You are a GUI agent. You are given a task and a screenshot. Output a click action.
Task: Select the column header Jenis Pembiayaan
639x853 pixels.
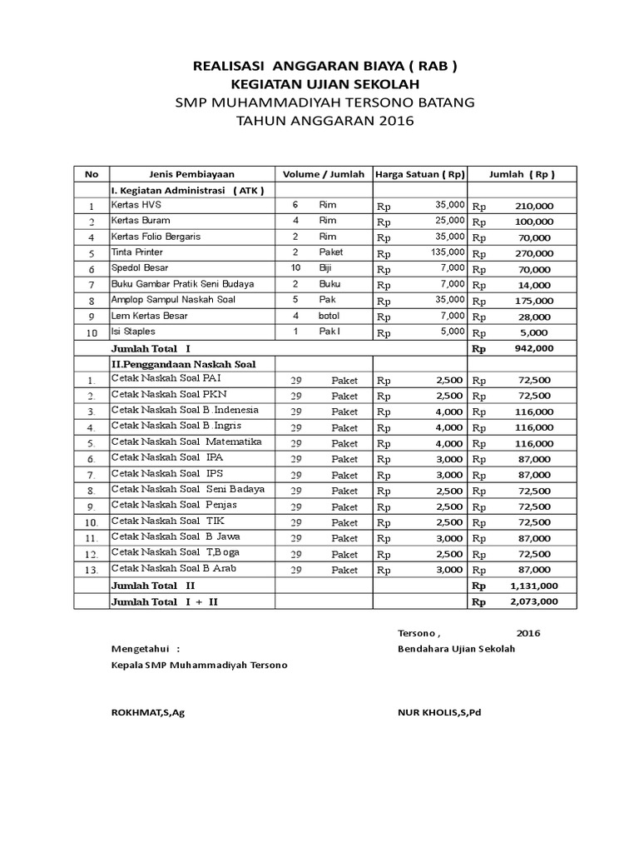click(x=191, y=174)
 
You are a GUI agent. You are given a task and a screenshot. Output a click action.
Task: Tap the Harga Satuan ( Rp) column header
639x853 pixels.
click(x=420, y=174)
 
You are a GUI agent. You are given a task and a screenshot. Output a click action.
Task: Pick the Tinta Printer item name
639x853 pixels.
click(x=137, y=252)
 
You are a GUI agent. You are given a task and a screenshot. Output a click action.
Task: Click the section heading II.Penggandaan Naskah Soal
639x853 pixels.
click(x=183, y=364)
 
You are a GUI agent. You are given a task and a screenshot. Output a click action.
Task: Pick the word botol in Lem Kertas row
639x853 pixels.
click(x=329, y=316)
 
